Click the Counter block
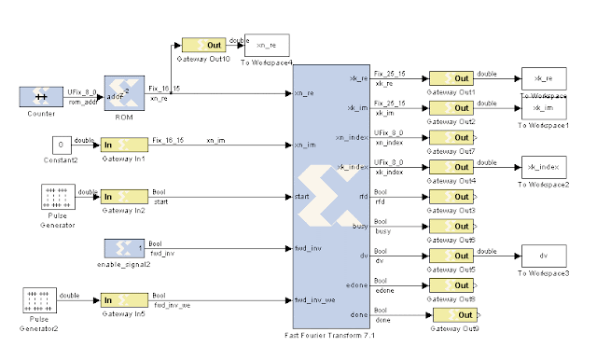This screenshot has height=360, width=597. [40, 96]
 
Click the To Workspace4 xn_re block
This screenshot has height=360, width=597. [267, 46]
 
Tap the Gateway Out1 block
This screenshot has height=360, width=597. [451, 79]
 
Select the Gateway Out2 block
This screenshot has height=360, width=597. [451, 108]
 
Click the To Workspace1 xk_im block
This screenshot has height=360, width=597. [544, 108]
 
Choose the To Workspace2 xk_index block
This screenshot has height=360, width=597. [544, 168]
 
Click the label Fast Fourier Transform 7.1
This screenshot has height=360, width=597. [333, 333]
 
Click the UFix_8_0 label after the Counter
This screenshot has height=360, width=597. [79, 90]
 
